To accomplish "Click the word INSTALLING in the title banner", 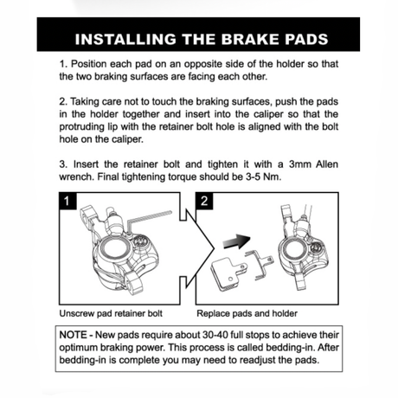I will [120, 39].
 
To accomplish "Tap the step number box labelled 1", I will [67, 202].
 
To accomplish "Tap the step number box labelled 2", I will [205, 202].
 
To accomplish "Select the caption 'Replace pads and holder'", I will [247, 312].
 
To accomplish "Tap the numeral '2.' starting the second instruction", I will [63, 101].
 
